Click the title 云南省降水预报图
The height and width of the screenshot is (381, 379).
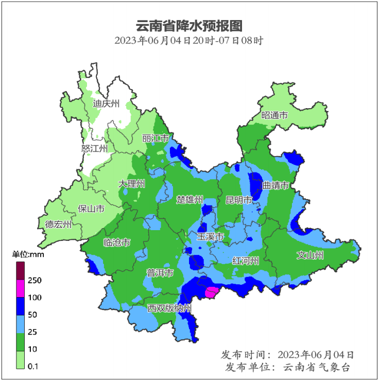click(189, 26)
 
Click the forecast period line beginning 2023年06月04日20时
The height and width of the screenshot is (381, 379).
click(189, 40)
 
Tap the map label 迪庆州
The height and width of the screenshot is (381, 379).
click(106, 103)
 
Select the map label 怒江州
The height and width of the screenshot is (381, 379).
click(94, 148)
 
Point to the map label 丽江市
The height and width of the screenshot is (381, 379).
click(156, 138)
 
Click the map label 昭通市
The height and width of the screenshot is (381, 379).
click(274, 115)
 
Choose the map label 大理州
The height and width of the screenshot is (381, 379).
click(131, 184)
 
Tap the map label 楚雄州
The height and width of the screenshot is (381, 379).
click(189, 199)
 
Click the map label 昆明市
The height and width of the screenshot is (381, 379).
click(239, 199)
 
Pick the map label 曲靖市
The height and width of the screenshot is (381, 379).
click(275, 185)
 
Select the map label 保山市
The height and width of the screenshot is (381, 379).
click(91, 209)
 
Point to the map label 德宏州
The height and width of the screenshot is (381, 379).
click(58, 224)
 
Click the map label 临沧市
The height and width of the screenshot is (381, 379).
click(116, 243)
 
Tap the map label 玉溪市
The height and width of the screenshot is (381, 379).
click(210, 236)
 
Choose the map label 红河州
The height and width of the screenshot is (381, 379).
click(245, 260)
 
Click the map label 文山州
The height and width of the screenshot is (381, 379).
click(310, 254)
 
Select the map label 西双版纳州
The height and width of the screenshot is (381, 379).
click(169, 308)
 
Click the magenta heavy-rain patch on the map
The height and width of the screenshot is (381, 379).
click(211, 293)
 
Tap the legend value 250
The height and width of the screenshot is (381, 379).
click(35, 281)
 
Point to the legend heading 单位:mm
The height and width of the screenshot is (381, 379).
click(29, 254)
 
